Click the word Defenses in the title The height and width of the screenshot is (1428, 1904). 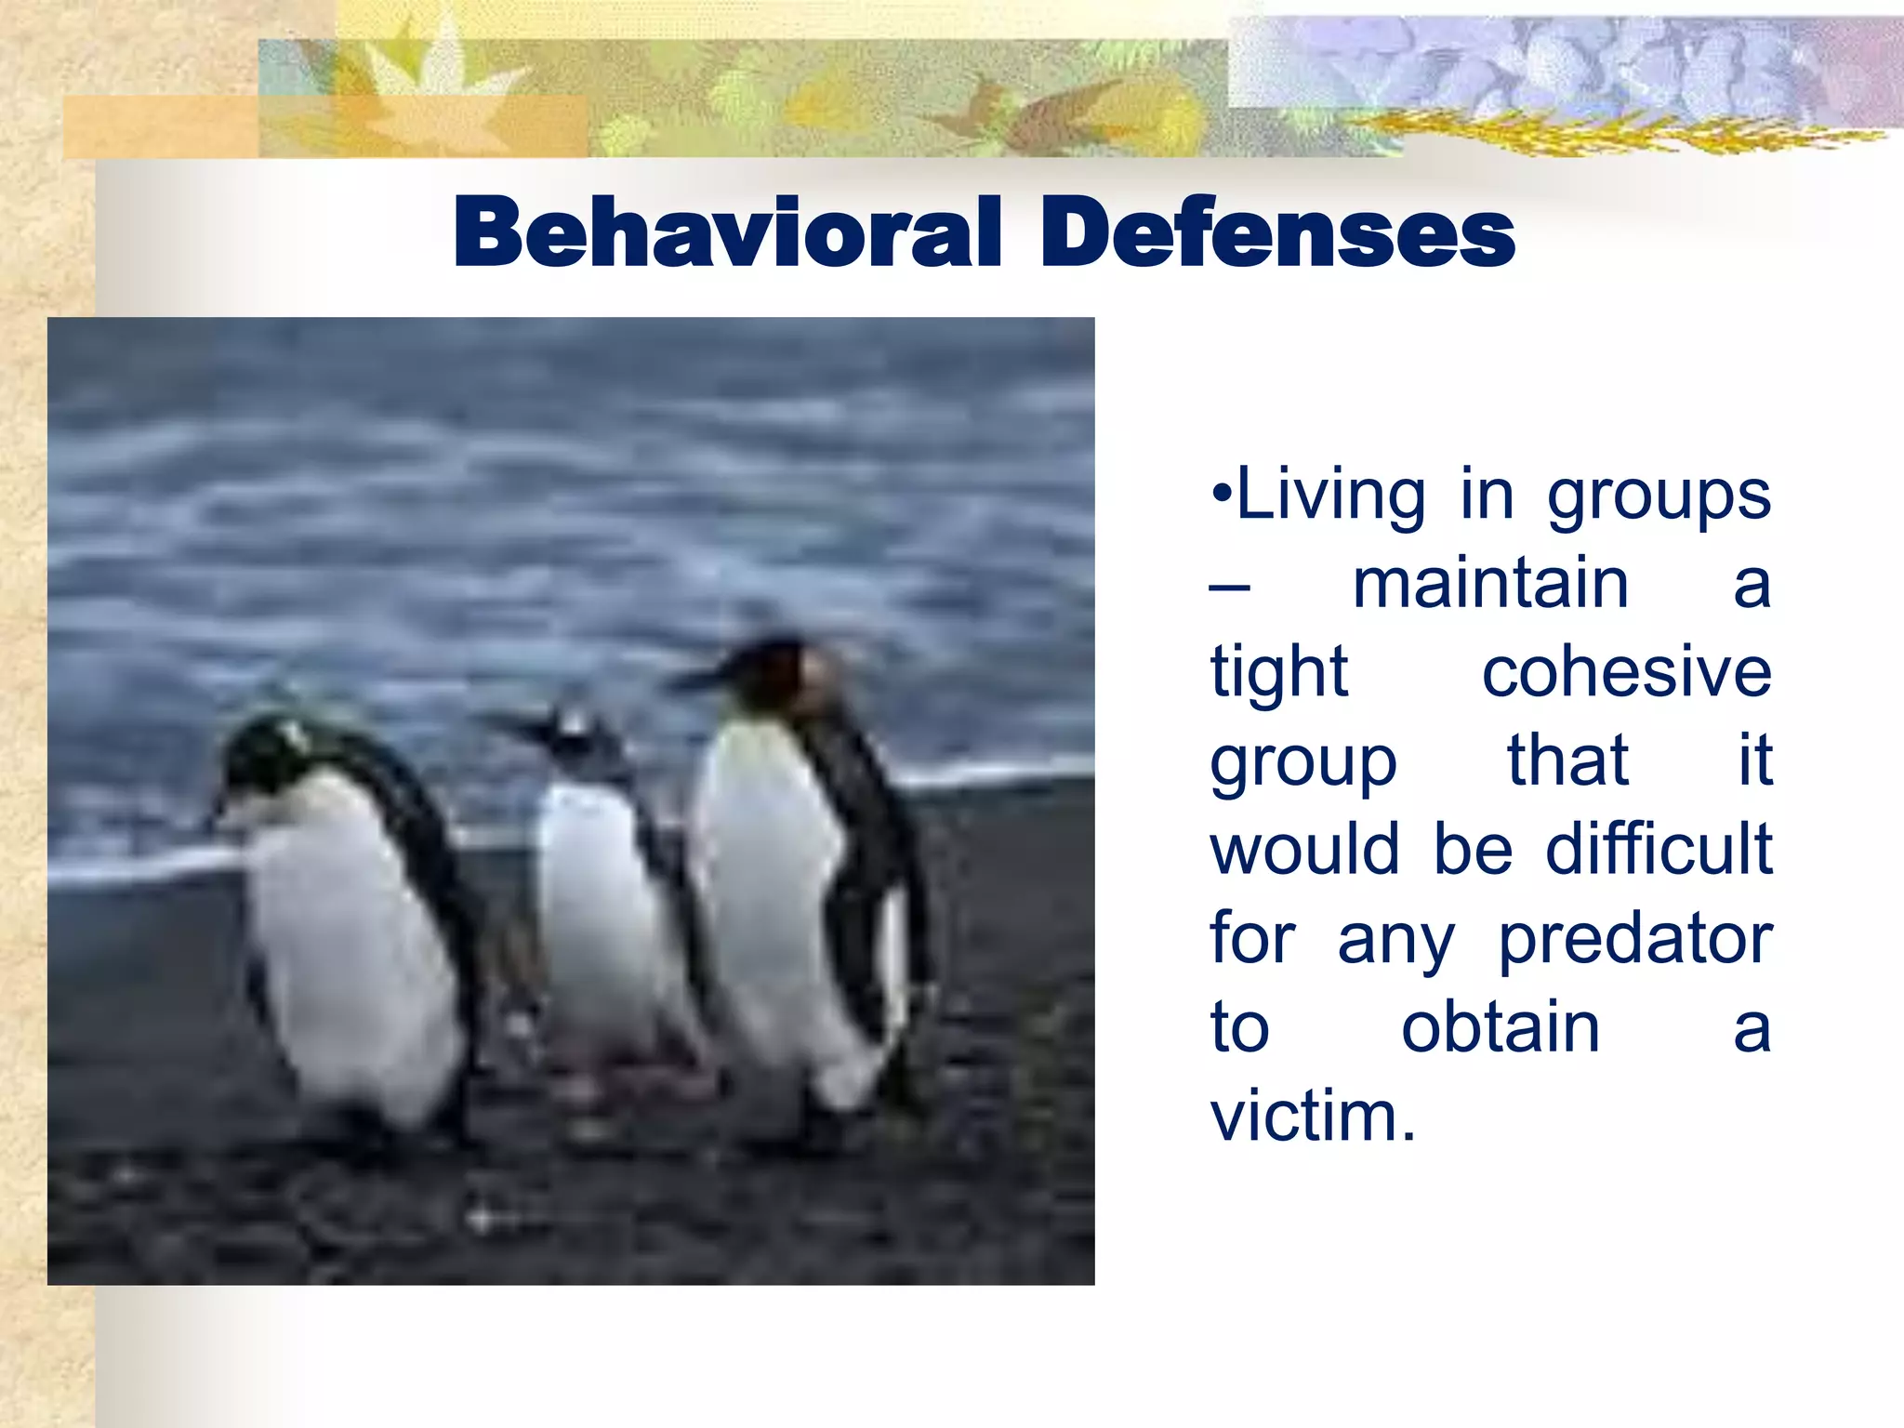[x=1277, y=232]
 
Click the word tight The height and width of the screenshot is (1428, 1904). [x=1278, y=673]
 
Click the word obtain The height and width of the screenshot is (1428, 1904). [x=1501, y=1026]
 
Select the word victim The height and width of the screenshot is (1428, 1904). [x=1312, y=1115]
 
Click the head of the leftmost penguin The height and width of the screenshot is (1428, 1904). [x=265, y=753]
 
